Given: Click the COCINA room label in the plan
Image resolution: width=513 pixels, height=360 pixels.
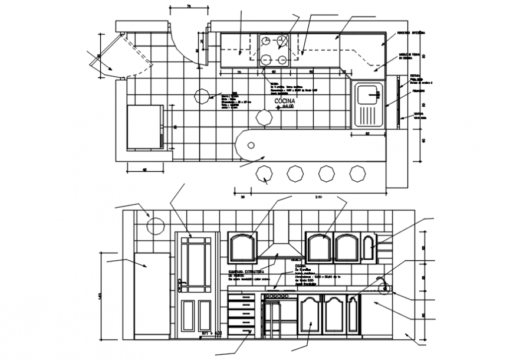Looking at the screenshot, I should click(x=284, y=101).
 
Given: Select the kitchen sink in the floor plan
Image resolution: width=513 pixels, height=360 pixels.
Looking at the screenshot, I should click(x=368, y=104).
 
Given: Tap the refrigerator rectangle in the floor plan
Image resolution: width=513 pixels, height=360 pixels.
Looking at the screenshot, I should click(x=144, y=126).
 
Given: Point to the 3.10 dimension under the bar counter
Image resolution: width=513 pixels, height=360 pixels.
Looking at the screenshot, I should click(x=318, y=197).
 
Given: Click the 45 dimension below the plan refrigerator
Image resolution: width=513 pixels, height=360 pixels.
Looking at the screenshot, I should click(x=145, y=170).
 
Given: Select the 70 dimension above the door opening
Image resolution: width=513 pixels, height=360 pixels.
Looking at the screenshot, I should click(x=189, y=6).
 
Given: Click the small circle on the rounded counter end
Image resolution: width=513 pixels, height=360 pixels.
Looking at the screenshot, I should click(x=252, y=145).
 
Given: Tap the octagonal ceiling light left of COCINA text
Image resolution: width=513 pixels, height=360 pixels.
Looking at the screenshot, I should click(x=202, y=96).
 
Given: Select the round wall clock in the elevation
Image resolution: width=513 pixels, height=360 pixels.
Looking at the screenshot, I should click(x=154, y=226).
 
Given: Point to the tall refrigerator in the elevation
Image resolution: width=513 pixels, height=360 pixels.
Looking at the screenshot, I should click(x=152, y=295).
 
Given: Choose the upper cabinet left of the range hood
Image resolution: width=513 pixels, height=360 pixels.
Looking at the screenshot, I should click(x=242, y=247).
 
